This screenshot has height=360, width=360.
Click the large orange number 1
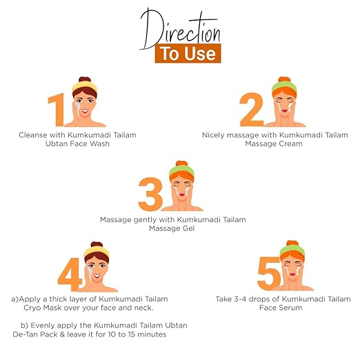click(57, 109)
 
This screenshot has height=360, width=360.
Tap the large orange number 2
click(252, 109)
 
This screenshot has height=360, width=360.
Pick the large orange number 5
click(269, 273)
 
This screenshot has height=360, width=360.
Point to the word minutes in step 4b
click(152, 334)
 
